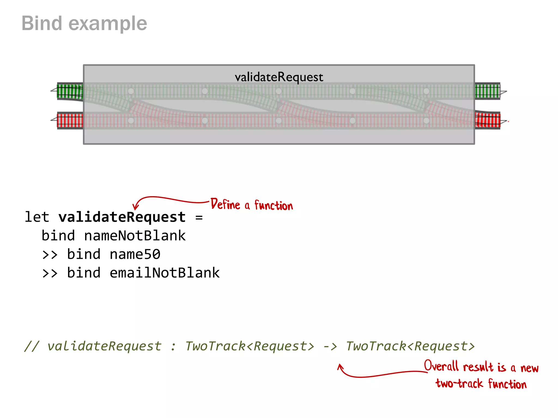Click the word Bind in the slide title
point(42,23)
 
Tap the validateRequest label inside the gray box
point(279,77)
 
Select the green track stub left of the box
point(70,91)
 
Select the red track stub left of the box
point(70,120)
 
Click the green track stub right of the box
point(487,91)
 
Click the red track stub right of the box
point(487,120)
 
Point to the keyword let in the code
point(37,217)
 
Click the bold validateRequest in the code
point(122,217)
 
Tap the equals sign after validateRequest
point(199,217)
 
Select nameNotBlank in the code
point(135,236)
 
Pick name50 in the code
point(135,254)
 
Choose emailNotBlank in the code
point(165,273)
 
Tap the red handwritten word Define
point(225,204)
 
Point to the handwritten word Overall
point(441,366)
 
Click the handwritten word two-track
point(459,384)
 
